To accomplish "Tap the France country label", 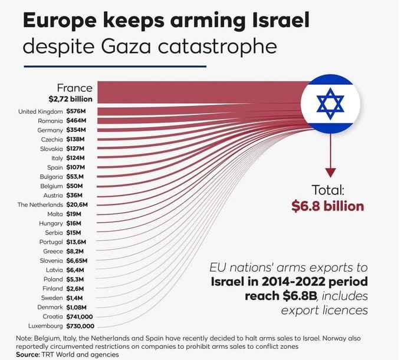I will click(x=74, y=88).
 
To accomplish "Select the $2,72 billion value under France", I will click(x=70, y=99).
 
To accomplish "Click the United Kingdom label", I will click(x=41, y=111).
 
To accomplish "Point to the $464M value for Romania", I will click(x=76, y=120).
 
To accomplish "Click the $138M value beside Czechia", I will click(x=76, y=139).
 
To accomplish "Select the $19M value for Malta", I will click(x=74, y=214).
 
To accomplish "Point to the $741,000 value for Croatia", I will click(x=80, y=316).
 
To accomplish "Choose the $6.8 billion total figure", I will click(x=328, y=206).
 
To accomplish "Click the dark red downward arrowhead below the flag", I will click(x=331, y=172).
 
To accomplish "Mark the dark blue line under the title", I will click(x=114, y=66).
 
